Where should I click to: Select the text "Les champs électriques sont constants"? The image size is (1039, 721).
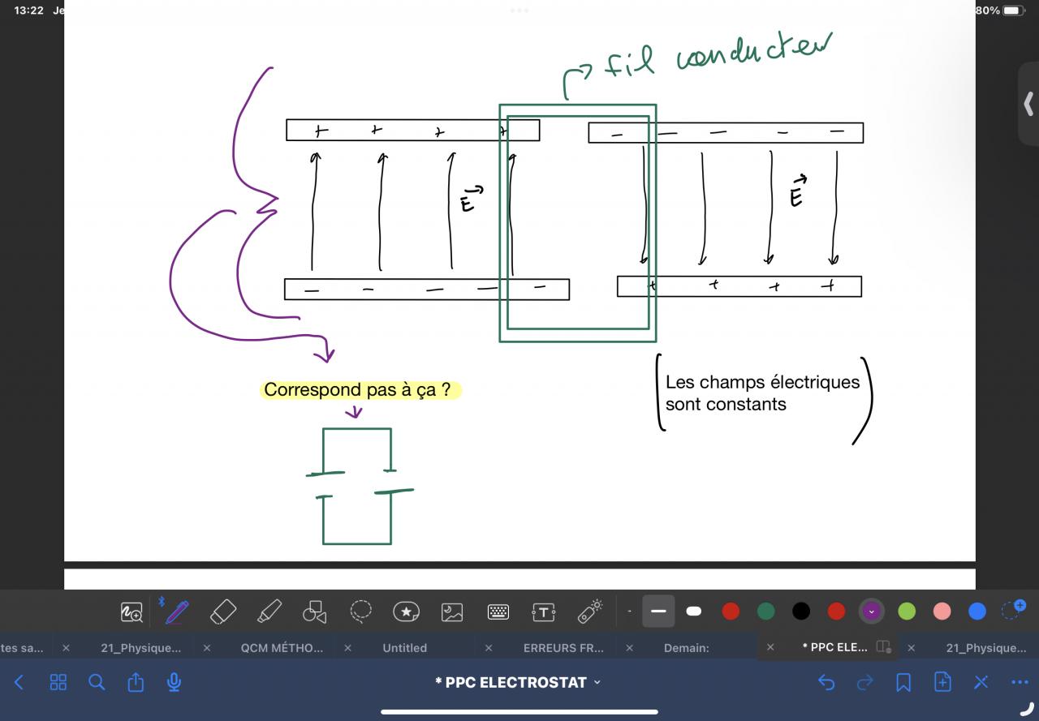(762, 393)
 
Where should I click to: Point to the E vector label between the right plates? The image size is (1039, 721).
(797, 191)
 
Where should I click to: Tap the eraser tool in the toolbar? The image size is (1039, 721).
(222, 612)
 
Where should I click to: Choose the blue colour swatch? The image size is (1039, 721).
(977, 612)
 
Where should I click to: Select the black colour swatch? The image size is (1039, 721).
(801, 612)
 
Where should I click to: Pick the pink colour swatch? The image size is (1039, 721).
(942, 612)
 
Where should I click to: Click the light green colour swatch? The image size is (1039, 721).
(907, 612)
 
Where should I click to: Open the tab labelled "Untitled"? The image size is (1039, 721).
(404, 648)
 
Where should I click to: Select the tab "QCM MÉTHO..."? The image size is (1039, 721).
(282, 648)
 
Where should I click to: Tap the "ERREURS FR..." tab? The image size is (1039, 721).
(563, 648)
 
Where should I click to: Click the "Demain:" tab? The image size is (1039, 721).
(687, 648)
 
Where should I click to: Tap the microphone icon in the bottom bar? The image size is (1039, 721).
(174, 683)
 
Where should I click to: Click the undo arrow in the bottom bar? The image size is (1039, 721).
(826, 683)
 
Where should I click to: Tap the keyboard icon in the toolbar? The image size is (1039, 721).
(498, 612)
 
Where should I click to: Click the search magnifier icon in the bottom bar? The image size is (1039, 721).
(97, 683)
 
